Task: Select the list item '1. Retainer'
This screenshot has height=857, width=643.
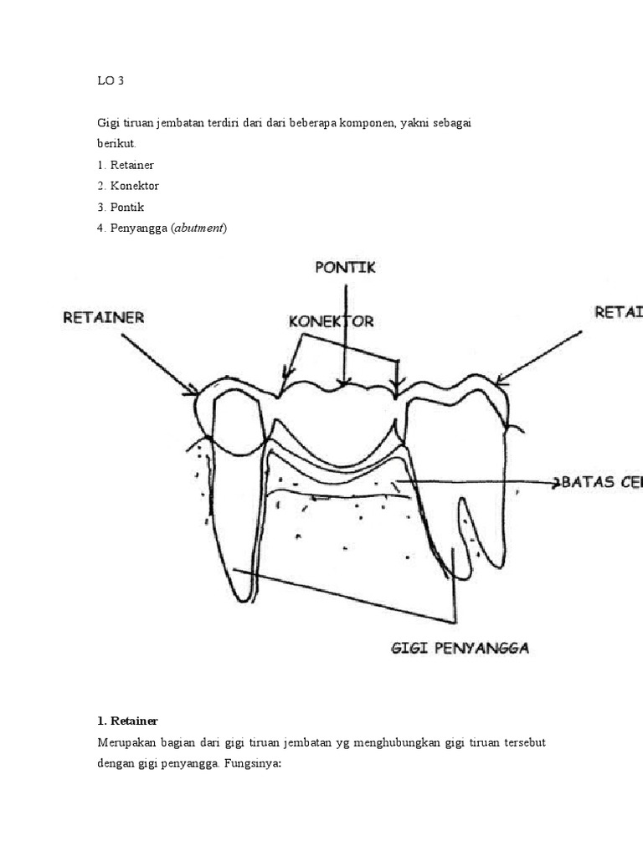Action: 126,165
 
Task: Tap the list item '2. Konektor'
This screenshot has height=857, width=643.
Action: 128,186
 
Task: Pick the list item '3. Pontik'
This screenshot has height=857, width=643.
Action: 121,207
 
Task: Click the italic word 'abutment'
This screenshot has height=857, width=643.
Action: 199,228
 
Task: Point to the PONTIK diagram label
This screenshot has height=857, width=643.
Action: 345,268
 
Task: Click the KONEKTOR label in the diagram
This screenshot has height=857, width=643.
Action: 331,321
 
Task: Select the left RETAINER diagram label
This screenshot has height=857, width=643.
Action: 104,318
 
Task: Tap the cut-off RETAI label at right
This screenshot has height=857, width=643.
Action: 618,312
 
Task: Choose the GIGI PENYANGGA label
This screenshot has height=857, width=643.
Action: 460,648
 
